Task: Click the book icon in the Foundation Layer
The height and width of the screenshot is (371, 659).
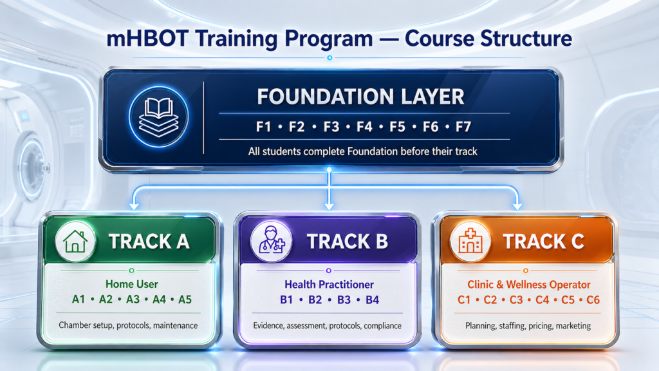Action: point(158,117)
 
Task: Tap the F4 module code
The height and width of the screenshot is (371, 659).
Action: point(364,127)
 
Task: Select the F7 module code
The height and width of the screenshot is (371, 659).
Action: point(463,127)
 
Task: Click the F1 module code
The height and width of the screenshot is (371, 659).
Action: point(263,127)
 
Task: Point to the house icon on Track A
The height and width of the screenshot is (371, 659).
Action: point(75,242)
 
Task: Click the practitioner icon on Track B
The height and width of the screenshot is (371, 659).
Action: point(271,241)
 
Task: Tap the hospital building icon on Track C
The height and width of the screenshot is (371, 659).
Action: point(470,242)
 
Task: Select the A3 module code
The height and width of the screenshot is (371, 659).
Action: point(133,300)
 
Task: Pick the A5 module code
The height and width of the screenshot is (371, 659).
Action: point(185,300)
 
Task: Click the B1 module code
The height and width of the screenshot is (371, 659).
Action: point(286,300)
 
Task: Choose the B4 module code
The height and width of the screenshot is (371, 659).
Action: point(373,300)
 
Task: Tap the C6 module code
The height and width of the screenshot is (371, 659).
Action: point(593,300)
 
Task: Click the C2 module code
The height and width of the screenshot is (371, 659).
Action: point(490,300)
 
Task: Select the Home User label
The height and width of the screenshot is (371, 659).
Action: point(132,284)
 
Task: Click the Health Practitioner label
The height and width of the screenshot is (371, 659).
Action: point(329,285)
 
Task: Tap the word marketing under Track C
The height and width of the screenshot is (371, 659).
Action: point(573,325)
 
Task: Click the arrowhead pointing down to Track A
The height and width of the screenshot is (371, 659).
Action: point(134,206)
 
